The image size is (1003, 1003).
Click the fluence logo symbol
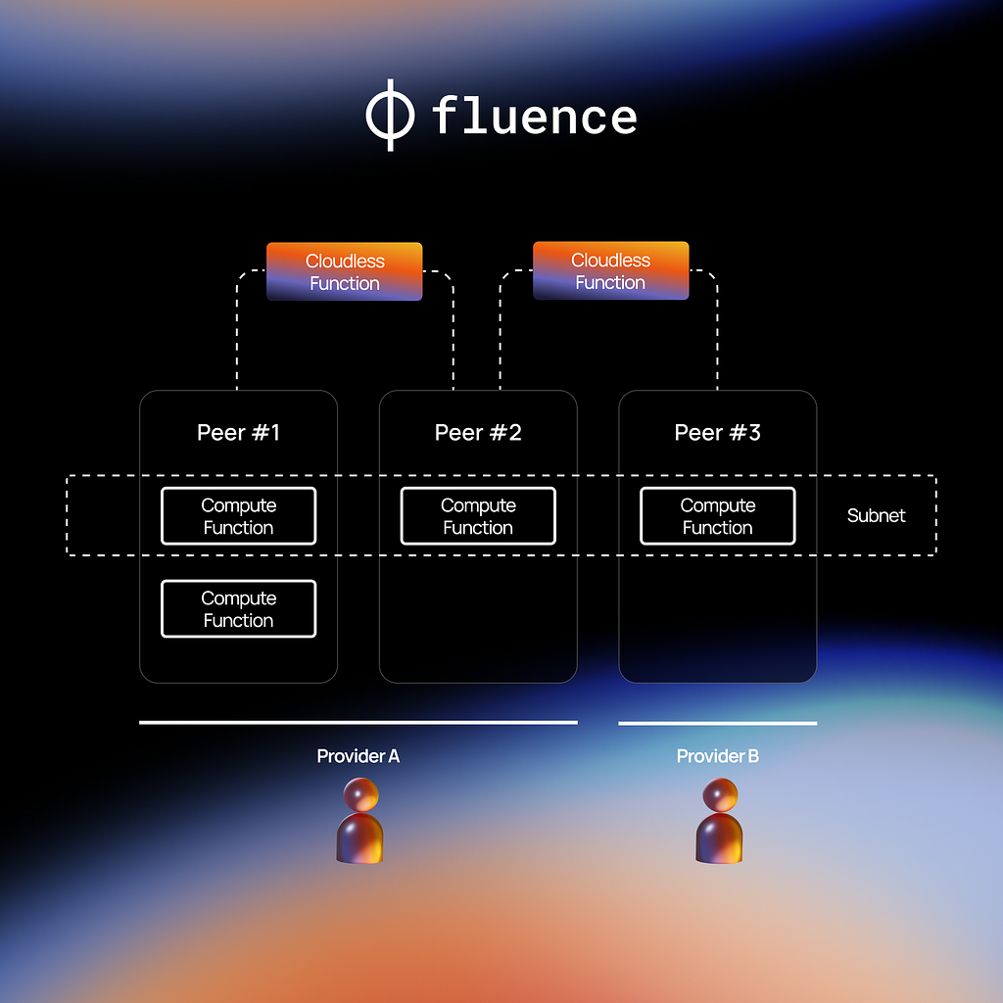tap(390, 116)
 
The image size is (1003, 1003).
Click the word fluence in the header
tap(534, 117)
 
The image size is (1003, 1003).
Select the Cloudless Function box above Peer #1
tap(344, 271)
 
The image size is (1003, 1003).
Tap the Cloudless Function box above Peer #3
tap(610, 270)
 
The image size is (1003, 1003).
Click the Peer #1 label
tap(238, 433)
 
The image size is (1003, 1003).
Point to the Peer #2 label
tap(478, 433)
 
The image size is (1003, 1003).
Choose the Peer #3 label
tap(717, 433)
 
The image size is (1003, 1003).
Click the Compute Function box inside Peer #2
tap(478, 516)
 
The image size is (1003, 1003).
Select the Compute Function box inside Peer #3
tap(717, 516)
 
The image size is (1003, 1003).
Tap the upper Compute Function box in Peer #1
tap(238, 516)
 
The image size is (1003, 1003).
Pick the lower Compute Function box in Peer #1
tap(238, 609)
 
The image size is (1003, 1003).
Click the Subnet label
tap(876, 516)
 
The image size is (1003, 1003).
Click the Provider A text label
tap(358, 756)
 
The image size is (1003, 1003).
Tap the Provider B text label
tap(717, 756)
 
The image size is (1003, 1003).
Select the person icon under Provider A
tap(359, 823)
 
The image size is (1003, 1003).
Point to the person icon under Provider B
tap(719, 823)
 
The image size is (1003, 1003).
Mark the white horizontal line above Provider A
tap(358, 723)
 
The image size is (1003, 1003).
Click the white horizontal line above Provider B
tap(717, 724)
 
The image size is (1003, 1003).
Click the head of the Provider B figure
tap(721, 794)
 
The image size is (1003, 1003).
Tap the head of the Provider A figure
tap(360, 794)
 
